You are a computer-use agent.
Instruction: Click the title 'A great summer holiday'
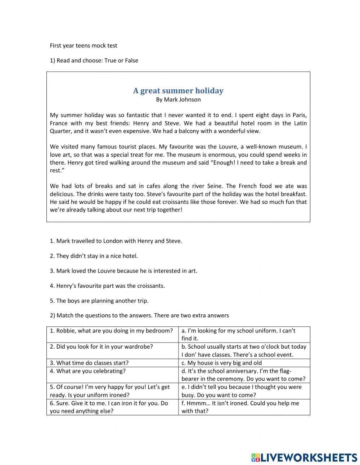click(x=178, y=91)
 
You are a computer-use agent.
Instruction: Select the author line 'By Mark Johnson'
click(x=178, y=99)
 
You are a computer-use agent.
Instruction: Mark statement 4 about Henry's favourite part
click(x=107, y=286)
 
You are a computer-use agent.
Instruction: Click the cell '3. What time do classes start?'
click(x=89, y=363)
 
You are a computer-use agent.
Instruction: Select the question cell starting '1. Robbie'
click(x=111, y=331)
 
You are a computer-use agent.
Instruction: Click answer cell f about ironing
click(x=240, y=407)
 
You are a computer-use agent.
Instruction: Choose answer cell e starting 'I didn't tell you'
click(x=241, y=391)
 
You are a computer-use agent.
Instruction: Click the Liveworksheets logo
click(x=304, y=457)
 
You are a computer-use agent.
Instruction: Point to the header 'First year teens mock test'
click(x=84, y=45)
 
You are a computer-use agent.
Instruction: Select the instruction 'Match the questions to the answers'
click(x=139, y=316)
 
